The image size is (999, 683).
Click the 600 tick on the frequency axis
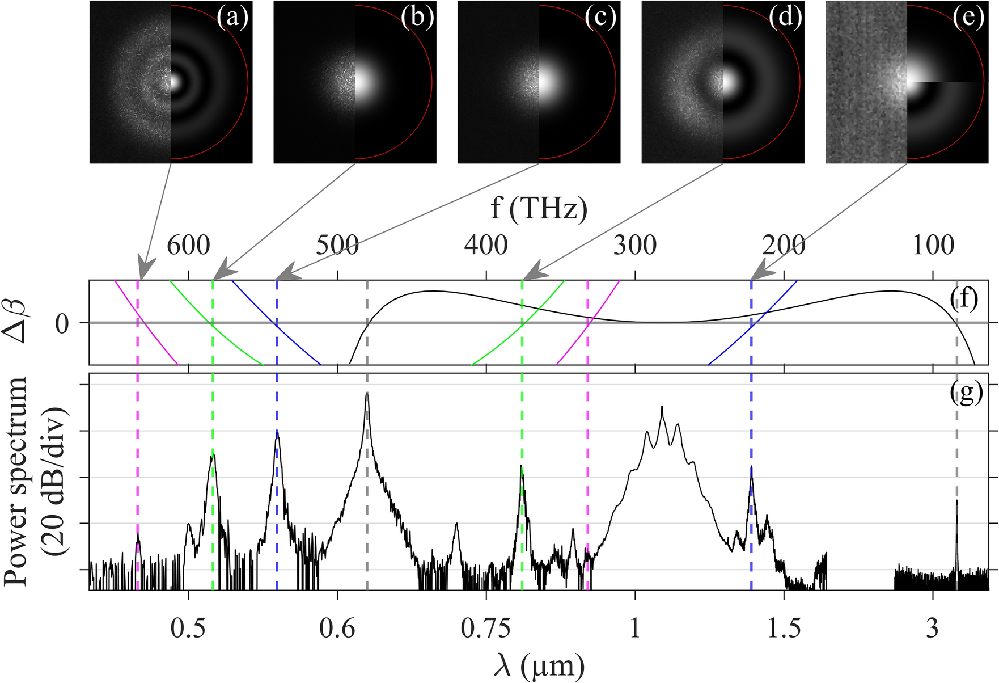coord(188,246)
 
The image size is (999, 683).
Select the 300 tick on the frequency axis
coord(635,246)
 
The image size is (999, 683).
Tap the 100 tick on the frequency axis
coord(933,246)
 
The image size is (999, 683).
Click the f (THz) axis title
coord(539,209)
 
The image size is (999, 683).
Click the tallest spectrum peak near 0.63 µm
coord(367,394)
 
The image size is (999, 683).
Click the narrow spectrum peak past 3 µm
coord(956,502)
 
